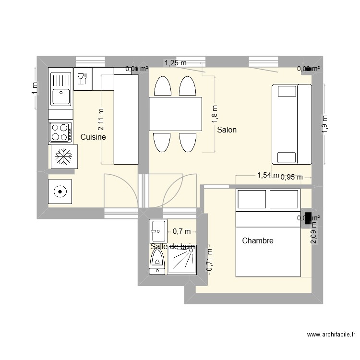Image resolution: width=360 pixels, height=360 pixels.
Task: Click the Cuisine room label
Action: [93, 137]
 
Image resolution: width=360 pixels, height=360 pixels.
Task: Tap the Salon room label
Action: [227, 130]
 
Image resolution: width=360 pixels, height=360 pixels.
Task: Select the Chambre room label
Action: [258, 241]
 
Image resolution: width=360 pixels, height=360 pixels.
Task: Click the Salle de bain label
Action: [173, 247]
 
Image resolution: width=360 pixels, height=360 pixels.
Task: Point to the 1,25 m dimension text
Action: [175, 62]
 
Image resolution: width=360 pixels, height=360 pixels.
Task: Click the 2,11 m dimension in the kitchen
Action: [101, 120]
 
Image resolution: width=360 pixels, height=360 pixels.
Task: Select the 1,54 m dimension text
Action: [268, 175]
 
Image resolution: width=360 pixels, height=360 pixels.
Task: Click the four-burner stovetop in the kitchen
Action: [60, 132]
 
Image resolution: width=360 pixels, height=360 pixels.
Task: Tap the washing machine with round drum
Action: [60, 192]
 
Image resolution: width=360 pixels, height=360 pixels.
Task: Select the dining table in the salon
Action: [175, 114]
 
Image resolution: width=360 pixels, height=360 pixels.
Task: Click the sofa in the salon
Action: [292, 124]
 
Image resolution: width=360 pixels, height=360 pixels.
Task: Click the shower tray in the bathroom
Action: [182, 259]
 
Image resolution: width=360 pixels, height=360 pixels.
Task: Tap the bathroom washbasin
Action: [158, 231]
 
